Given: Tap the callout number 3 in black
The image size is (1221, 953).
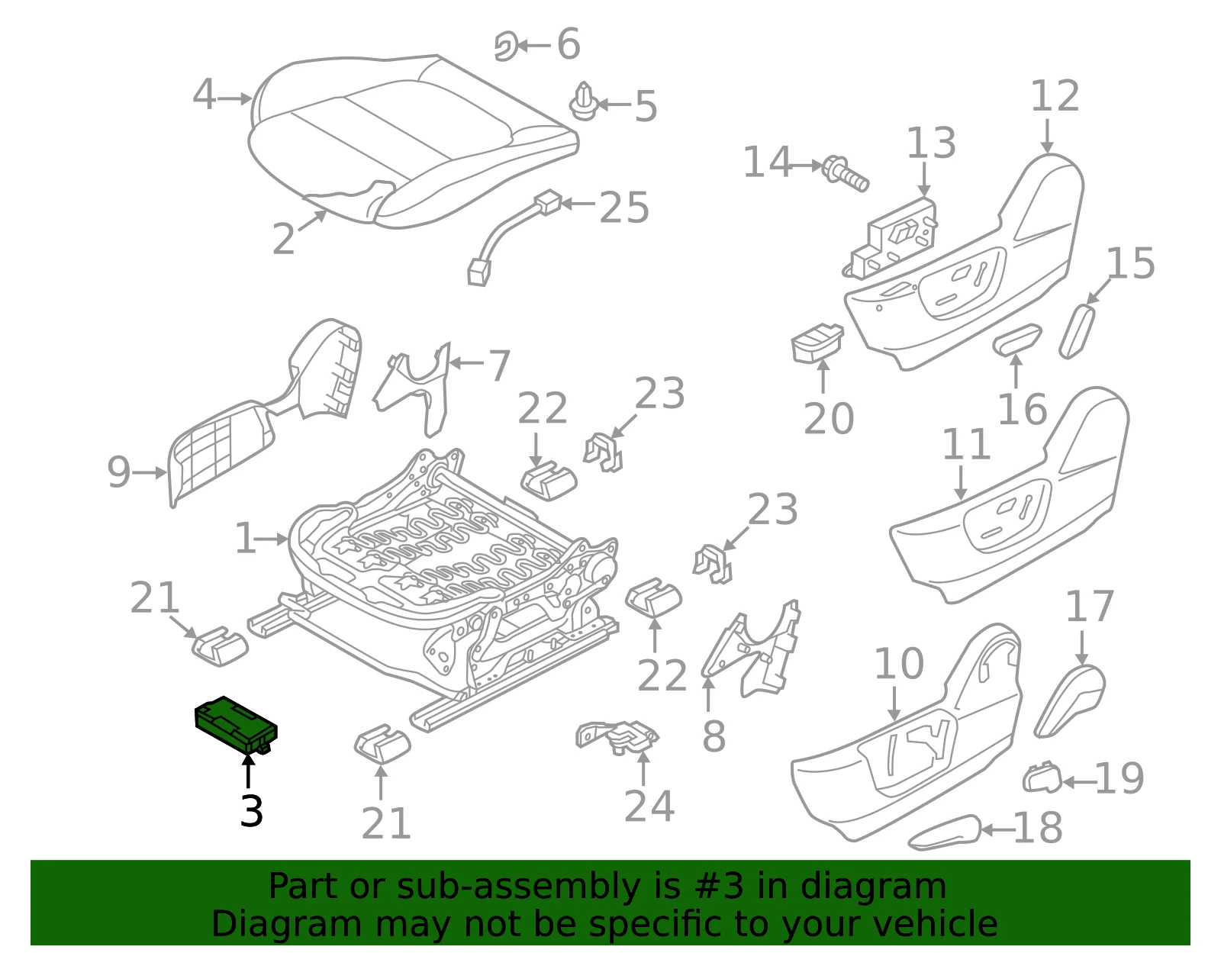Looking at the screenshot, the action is [x=251, y=811].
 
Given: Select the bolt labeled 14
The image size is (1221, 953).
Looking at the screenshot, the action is [x=845, y=174].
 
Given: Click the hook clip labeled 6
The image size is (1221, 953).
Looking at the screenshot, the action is [x=505, y=46].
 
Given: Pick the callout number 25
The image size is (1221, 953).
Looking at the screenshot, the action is [x=623, y=208].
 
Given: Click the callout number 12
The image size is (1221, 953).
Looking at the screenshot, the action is [x=1055, y=96].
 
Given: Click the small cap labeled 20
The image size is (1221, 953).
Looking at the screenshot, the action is [x=817, y=343].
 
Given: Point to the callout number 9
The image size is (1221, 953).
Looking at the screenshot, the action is [x=119, y=472].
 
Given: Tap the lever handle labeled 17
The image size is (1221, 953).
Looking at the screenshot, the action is [x=1070, y=700].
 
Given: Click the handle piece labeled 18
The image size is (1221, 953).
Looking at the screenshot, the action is [x=944, y=832].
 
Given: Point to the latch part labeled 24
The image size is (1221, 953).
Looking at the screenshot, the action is [x=617, y=736].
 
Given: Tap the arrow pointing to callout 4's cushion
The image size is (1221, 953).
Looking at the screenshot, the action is [x=234, y=99].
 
